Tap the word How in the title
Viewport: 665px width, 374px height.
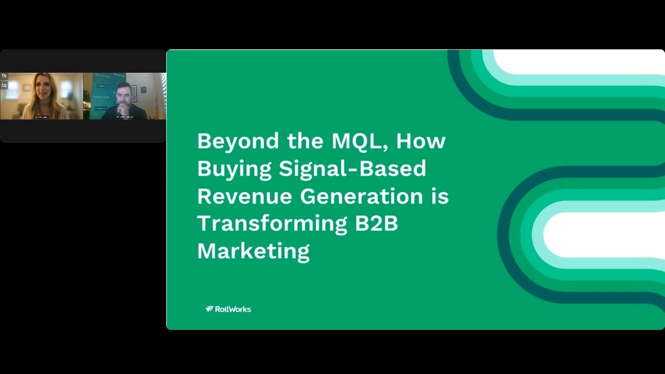click(x=421, y=141)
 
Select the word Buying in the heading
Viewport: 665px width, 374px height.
click(x=234, y=169)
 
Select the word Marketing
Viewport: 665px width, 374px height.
click(x=253, y=251)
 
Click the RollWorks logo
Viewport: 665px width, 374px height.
click(x=228, y=309)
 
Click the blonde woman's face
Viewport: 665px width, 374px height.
click(x=43, y=89)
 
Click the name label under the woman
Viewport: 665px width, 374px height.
click(x=41, y=117)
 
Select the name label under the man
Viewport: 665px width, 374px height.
click(x=125, y=117)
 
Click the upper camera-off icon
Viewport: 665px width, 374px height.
click(x=4, y=76)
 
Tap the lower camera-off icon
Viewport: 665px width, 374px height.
click(x=4, y=85)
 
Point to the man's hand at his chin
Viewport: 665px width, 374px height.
click(x=121, y=108)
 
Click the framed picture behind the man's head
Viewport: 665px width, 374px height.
click(x=134, y=93)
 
